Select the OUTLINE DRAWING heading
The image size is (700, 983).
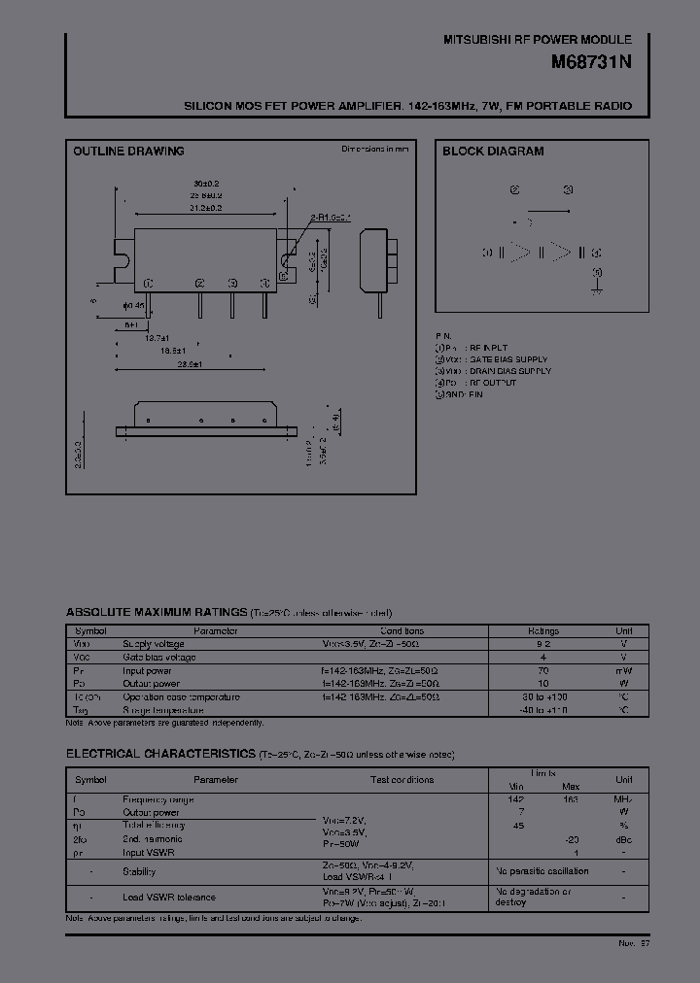pyautogui.click(x=128, y=152)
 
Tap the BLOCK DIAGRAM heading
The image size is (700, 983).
pyautogui.click(x=493, y=152)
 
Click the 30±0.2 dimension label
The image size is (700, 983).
pyautogui.click(x=206, y=183)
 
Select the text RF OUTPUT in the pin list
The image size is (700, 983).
pyautogui.click(x=492, y=383)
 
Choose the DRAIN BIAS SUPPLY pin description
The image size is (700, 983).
pyautogui.click(x=508, y=371)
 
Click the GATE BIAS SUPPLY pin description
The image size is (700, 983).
pyautogui.click(x=506, y=359)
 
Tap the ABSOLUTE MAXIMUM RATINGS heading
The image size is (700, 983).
pyautogui.click(x=156, y=613)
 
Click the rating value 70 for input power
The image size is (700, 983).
pyautogui.click(x=542, y=670)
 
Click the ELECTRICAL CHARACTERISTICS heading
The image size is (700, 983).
pyautogui.click(x=160, y=755)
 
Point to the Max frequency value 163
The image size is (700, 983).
pyautogui.click(x=570, y=799)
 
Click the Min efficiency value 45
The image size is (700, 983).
pyautogui.click(x=519, y=826)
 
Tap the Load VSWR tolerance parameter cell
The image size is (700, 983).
pyautogui.click(x=169, y=897)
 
